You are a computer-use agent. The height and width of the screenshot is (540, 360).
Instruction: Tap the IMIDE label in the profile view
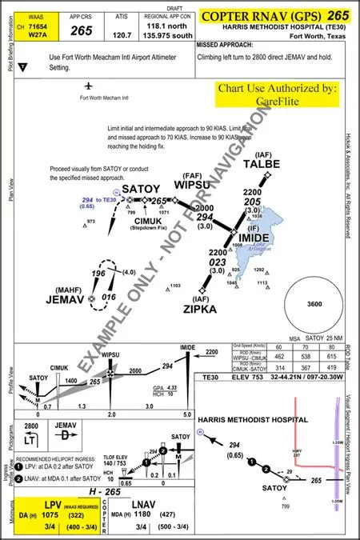(x=189, y=346)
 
